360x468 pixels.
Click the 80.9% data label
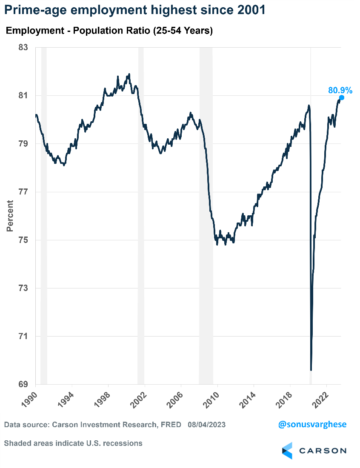(340, 90)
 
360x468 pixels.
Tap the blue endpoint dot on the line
(341, 98)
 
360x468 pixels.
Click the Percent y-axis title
(10, 216)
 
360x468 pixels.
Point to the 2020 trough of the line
(311, 369)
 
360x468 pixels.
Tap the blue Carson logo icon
(288, 451)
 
